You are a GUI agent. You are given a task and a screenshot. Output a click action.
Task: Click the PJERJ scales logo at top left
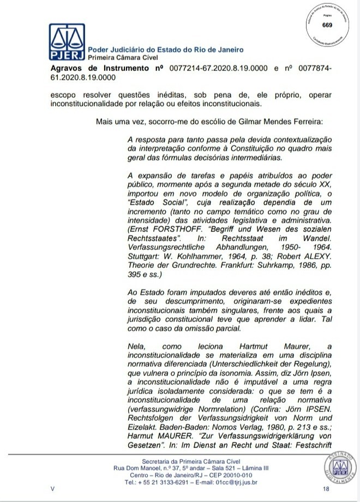pyautogui.click(x=67, y=43)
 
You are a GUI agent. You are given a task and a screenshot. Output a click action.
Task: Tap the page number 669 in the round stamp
pyautogui.click(x=327, y=25)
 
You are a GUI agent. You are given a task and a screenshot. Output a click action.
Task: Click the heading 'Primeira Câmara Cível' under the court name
pyautogui.click(x=122, y=57)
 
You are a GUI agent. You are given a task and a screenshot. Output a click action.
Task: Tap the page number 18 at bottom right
pyautogui.click(x=326, y=489)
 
